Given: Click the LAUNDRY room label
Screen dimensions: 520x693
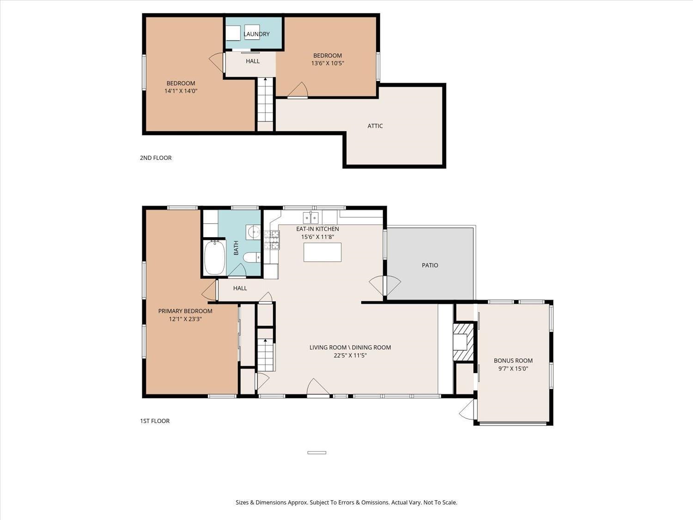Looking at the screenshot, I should (x=256, y=34).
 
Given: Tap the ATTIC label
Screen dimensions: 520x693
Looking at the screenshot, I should (x=375, y=126).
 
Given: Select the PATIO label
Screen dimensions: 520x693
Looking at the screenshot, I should (x=430, y=265).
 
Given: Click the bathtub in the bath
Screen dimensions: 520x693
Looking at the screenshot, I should (x=214, y=257).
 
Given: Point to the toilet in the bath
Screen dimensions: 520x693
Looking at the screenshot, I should (x=252, y=257).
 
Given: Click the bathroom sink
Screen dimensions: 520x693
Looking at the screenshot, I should (x=253, y=232).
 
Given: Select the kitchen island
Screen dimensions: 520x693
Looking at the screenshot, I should (x=322, y=252).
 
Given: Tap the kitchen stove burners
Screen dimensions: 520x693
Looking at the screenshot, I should (x=272, y=240).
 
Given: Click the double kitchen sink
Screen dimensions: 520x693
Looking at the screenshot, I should (x=310, y=217).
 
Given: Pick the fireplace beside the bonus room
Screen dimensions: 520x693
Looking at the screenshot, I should (x=463, y=342).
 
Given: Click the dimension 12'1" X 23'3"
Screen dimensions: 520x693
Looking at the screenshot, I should (x=185, y=319).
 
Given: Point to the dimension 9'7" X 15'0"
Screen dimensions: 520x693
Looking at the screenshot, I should (x=513, y=369).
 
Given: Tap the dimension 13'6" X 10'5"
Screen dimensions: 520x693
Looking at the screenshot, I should (x=328, y=63).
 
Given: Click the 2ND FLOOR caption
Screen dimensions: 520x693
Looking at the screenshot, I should (x=156, y=158).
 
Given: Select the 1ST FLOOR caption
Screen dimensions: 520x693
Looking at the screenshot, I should (x=155, y=421).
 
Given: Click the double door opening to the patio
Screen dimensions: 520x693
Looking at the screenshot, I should (x=385, y=285).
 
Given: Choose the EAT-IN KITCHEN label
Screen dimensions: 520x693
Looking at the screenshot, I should (x=317, y=229).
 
